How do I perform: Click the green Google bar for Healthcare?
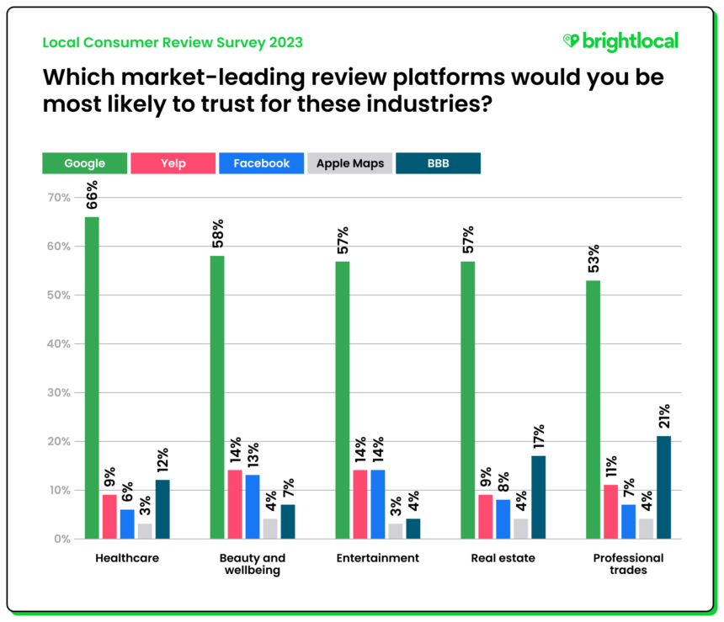[x=92, y=378]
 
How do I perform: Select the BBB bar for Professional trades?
[x=663, y=487]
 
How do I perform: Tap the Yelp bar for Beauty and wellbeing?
[x=235, y=504]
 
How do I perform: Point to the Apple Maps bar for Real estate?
[x=521, y=529]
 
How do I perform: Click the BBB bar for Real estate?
[x=539, y=497]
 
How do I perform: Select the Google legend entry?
[x=84, y=163]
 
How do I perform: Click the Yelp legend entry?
[x=173, y=163]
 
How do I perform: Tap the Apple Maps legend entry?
[x=349, y=163]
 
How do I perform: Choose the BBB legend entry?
[x=438, y=163]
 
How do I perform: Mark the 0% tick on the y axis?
[x=61, y=539]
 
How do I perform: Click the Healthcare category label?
[x=127, y=558]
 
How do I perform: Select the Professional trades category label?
[x=628, y=564]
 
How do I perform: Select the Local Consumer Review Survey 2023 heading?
[x=172, y=42]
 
